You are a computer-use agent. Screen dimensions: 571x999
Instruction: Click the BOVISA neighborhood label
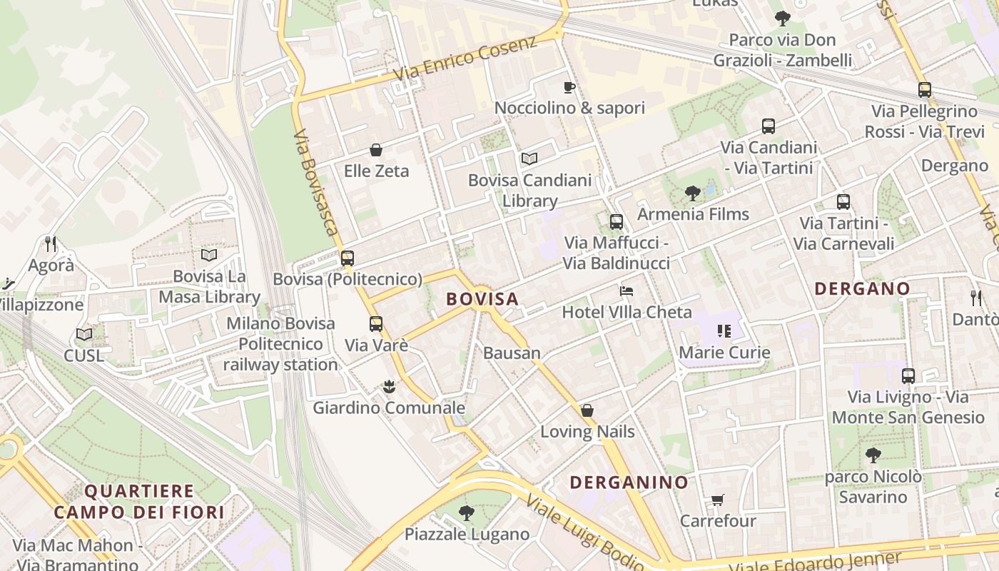[482, 299]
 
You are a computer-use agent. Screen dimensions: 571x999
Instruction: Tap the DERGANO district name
[862, 288]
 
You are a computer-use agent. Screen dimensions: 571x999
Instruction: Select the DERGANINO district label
[629, 482]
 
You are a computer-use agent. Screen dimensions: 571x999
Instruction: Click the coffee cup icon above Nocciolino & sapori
[569, 87]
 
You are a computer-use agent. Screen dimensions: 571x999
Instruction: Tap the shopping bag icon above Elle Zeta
[376, 150]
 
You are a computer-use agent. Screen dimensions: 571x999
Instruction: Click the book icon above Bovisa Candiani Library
[529, 158]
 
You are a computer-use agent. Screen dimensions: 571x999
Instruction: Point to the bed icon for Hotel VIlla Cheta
[627, 290]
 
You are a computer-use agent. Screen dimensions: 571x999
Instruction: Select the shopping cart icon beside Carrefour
[717, 500]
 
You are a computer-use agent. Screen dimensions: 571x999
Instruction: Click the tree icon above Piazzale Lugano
[467, 512]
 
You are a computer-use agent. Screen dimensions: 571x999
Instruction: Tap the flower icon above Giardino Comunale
[389, 387]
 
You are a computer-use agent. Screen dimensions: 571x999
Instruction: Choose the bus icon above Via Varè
[376, 324]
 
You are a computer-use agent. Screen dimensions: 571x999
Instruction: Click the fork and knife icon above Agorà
[51, 244]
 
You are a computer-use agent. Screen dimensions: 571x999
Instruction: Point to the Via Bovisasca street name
[315, 183]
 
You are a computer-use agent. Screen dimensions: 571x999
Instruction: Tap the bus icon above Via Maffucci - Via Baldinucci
[616, 222]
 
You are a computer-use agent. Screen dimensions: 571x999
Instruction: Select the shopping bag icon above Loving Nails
[587, 410]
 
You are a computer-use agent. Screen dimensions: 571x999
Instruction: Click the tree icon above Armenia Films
[692, 193]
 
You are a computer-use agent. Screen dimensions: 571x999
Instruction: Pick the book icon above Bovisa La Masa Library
[208, 255]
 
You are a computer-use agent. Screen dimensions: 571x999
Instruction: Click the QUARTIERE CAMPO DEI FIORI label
[139, 502]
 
